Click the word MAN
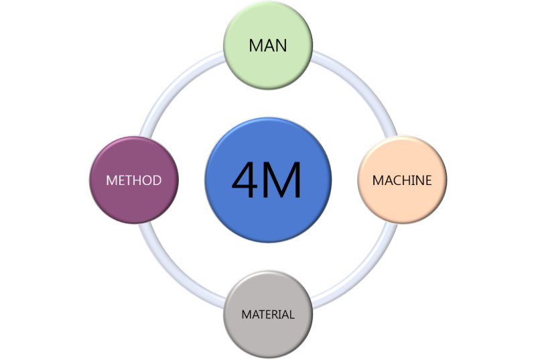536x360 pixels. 268,46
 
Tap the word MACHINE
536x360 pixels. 402,180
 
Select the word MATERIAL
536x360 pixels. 268,314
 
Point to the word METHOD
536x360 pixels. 134,181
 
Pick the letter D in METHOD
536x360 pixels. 157,181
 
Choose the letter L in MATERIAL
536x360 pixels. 291,314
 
